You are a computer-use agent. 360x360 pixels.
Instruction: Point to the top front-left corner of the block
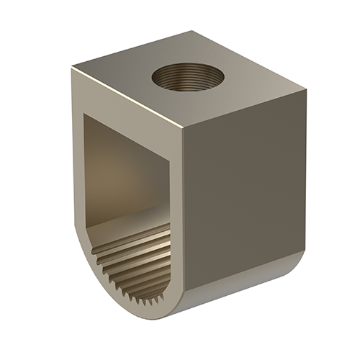(72, 68)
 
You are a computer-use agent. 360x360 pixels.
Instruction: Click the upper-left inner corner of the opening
(86, 116)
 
